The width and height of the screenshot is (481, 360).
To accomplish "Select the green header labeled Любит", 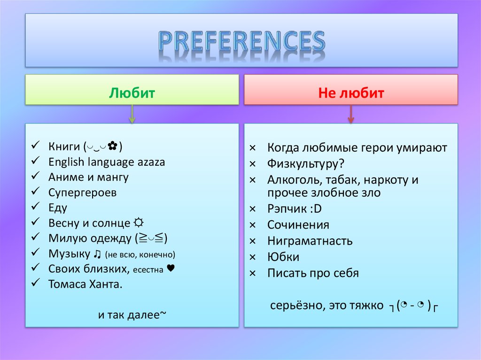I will pos(132,93).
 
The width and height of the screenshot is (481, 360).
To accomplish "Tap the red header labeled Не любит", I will pos(350,93).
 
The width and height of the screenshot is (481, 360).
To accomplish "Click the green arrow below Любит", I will pos(132,114).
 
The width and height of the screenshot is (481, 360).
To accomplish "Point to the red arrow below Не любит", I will pos(350,114).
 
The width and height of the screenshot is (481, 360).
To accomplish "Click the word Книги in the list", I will pos(64,147).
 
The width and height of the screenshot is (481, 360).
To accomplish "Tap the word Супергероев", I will pos(82,192).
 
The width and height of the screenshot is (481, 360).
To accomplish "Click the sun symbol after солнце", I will pos(139,223).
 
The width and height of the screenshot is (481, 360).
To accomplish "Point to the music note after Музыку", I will pos(97,254).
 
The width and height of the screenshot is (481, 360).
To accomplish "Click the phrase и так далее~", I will pos(132,314).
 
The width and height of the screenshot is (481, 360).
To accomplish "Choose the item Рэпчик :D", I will pos(295,209).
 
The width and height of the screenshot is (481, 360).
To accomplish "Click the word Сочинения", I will pos(298,225).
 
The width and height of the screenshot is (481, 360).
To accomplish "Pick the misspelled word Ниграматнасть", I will pos(310,241).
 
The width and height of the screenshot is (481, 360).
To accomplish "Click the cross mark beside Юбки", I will pos(252,257).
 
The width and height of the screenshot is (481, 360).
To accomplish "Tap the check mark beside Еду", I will pos(36,207).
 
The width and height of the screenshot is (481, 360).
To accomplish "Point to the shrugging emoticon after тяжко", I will pos(413,306).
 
